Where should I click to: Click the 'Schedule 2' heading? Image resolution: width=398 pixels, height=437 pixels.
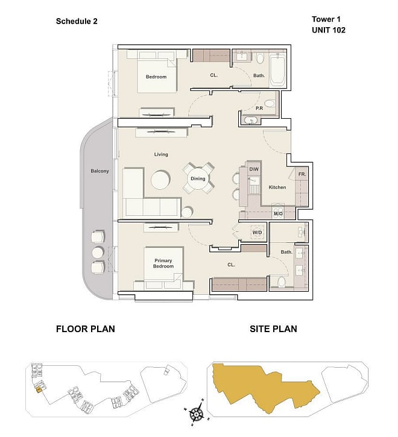(77, 22)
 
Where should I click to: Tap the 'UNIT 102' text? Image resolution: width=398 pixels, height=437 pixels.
(329, 30)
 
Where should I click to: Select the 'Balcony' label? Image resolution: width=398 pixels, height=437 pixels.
(99, 171)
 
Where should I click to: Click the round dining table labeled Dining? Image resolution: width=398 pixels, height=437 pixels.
(198, 178)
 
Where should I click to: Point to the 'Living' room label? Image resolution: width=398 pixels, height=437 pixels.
(161, 154)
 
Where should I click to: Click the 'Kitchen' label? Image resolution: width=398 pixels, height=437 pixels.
(277, 187)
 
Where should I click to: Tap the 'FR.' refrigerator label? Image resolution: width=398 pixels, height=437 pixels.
(302, 174)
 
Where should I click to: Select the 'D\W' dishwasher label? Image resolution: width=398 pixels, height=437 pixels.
(254, 169)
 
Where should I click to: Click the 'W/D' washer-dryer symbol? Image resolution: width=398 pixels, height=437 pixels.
(257, 233)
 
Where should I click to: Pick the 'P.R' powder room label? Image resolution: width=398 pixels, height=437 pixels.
(259, 108)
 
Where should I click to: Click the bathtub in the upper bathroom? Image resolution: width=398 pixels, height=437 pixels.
(277, 70)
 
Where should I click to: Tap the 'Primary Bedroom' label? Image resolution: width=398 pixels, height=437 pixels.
(163, 263)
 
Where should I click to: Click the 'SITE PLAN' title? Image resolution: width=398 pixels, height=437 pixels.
(273, 329)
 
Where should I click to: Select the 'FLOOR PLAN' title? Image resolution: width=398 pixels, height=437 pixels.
(86, 329)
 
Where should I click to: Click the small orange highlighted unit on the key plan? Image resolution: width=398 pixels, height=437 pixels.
(39, 389)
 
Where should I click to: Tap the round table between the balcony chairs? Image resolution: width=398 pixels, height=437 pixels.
(98, 253)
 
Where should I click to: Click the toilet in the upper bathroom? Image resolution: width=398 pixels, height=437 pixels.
(260, 58)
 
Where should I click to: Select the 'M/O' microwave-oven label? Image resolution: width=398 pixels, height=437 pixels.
(278, 214)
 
